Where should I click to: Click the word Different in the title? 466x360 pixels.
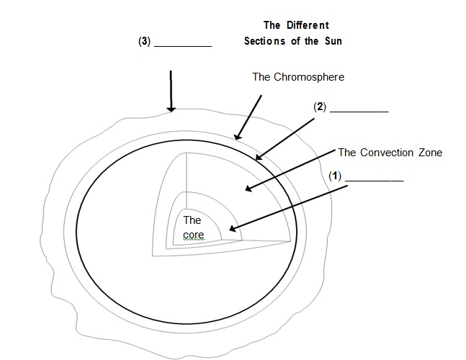click(x=305, y=25)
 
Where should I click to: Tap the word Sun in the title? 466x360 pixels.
click(x=331, y=41)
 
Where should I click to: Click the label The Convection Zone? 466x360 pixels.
click(x=390, y=153)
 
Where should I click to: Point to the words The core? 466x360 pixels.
click(x=192, y=227)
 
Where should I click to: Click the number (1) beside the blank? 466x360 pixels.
click(x=334, y=175)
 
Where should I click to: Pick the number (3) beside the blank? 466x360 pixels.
click(x=144, y=41)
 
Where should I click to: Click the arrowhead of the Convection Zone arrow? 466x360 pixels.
click(x=248, y=189)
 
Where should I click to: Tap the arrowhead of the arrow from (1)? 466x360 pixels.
click(x=230, y=230)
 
